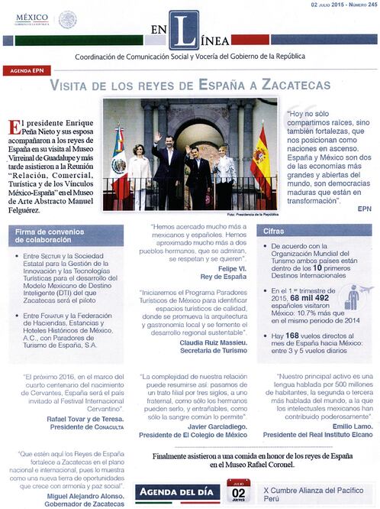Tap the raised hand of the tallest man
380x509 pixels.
pos(158,138)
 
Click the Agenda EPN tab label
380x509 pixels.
pos(27,70)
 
